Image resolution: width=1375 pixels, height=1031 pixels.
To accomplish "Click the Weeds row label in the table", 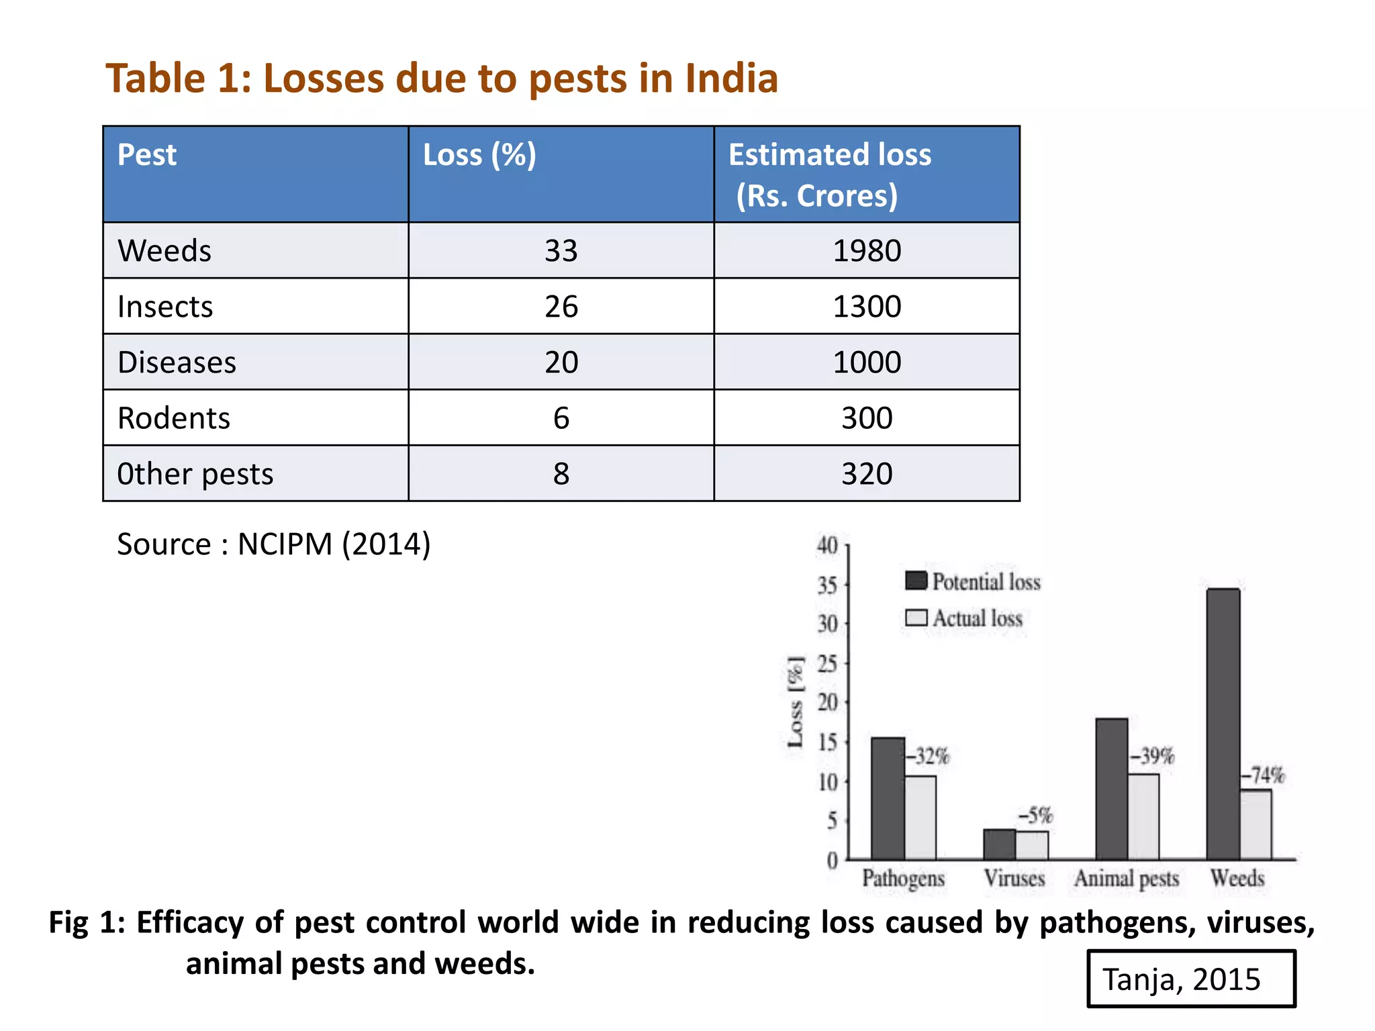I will point(164,251).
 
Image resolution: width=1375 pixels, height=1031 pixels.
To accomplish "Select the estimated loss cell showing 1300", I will point(866,307).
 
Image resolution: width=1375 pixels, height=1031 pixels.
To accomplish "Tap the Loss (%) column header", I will point(479,155).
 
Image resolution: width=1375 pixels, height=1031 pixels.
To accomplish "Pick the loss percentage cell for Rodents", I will point(561,418).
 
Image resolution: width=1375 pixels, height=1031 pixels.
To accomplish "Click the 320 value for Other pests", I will point(866,474).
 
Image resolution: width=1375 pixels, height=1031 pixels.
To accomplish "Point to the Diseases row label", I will point(177,362).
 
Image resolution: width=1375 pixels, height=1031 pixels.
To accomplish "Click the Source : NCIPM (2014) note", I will point(273,544).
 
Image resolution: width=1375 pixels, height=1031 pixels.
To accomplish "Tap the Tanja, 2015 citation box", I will point(1190,979).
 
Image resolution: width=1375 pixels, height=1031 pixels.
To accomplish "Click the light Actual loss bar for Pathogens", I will point(920,818).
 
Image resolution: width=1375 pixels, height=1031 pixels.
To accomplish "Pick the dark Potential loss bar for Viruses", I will point(999,844).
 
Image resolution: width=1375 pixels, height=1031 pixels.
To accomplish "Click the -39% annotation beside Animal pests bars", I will point(1152,756).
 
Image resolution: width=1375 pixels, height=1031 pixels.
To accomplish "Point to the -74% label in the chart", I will point(1263,776).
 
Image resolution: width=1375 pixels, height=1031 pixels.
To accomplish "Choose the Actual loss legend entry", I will point(964,618).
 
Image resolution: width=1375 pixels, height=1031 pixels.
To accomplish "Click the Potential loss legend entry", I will point(973,581).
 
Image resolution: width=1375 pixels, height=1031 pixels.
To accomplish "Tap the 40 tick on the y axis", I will point(827,546).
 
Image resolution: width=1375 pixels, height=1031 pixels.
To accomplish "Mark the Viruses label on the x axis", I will point(1014,878).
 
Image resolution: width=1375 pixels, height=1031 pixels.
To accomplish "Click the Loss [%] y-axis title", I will point(795,702).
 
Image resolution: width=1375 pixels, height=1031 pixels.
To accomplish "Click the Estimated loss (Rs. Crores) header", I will point(830,175).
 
